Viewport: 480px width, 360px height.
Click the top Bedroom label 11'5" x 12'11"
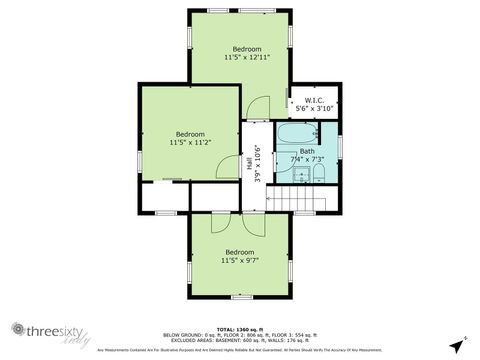pyautogui.click(x=247, y=54)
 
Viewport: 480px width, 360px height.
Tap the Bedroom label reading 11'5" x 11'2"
pyautogui.click(x=190, y=139)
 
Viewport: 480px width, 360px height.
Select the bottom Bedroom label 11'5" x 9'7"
pyautogui.click(x=239, y=256)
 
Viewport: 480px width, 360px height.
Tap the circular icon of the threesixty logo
pyautogui.click(x=16, y=331)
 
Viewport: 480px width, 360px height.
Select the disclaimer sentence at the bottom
pyautogui.click(x=239, y=350)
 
